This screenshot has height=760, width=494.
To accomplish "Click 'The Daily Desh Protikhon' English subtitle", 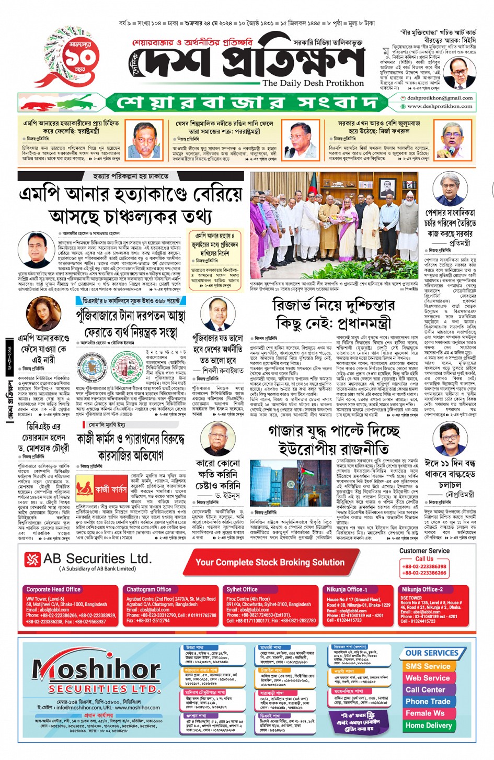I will (x=313, y=83).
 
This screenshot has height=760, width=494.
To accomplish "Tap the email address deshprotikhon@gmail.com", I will (x=440, y=98).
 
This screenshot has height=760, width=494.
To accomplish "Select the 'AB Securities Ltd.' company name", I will (x=97, y=559).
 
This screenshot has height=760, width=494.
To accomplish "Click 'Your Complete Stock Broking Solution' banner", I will (x=270, y=563).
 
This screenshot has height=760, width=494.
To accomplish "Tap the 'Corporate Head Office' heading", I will (x=53, y=589).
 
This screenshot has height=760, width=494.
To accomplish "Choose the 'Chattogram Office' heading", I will (x=148, y=589).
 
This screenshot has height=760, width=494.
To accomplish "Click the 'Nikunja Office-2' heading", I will (x=422, y=589).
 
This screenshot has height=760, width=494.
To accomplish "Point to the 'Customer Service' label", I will (x=424, y=551).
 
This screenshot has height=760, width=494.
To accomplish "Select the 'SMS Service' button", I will (x=427, y=666).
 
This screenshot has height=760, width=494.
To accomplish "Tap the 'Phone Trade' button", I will (x=427, y=701).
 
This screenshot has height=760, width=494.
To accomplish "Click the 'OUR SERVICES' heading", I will (x=431, y=653).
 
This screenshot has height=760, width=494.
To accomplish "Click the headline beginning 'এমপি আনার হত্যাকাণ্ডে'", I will (x=131, y=204).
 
